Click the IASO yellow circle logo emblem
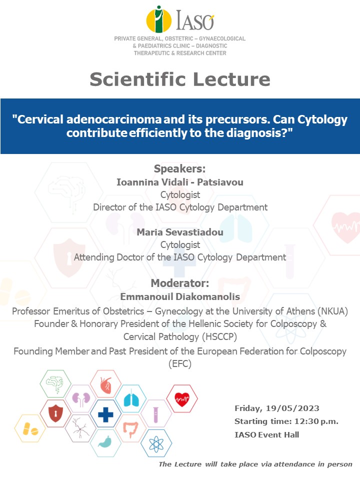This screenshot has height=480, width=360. tap(158, 19)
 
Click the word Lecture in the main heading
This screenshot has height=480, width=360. tap(231, 79)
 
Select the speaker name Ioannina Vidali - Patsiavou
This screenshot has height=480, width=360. tap(180, 182)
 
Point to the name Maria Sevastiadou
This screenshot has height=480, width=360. tap(180, 232)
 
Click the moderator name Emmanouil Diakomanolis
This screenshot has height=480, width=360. tap(180, 296)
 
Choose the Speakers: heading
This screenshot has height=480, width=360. tap(179, 168)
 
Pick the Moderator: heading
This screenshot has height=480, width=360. tap(180, 283)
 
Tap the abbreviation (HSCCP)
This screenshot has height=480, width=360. tap(219, 336)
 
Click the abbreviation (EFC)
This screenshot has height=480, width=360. tap(180, 363)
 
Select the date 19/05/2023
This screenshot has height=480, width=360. tap(292, 408)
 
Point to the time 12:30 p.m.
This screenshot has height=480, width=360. tap(316, 421)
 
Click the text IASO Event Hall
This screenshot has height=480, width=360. tap(266, 434)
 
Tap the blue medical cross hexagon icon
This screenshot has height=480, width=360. tap(105, 414)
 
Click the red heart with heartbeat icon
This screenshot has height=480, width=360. tap(182, 399)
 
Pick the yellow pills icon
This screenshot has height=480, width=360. tap(30, 428)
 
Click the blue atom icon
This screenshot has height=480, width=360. tap(156, 443)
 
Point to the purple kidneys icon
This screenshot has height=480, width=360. tap(81, 399)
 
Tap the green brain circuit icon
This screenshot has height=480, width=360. tap(55, 384)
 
